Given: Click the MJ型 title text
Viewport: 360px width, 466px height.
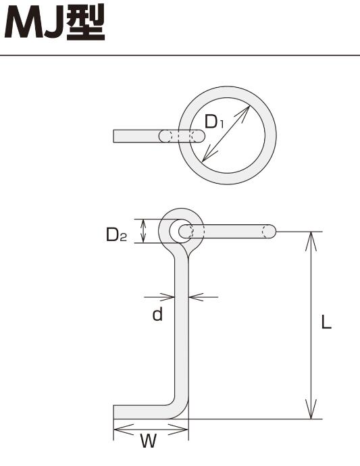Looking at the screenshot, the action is coord(55,22).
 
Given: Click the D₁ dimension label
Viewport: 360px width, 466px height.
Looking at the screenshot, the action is coord(214,122).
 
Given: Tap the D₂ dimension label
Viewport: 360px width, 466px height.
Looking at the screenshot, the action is coord(117,234).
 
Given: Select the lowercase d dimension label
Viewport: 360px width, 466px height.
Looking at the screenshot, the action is coord(157,314).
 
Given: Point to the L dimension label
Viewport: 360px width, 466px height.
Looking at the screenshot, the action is coord(326,321).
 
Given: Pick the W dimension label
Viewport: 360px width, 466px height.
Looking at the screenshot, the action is coord(149,441).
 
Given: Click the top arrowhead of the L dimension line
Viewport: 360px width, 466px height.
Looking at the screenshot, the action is coord(311,240).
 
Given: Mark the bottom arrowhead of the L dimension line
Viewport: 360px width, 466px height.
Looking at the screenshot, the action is coord(311,409).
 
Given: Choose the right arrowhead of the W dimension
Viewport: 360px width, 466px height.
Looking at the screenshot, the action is coord(179,430).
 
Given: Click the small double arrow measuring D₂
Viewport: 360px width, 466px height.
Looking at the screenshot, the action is coord(143,231).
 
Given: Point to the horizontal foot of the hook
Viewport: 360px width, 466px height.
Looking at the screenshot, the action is coord(143,412).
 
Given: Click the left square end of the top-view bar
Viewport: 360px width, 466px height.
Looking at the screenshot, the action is coord(114,136).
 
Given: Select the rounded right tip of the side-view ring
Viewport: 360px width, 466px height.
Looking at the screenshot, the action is coord(272,231).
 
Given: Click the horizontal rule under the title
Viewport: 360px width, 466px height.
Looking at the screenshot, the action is coord(180,55).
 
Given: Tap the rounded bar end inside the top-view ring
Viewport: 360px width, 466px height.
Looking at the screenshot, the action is coord(200,136).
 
